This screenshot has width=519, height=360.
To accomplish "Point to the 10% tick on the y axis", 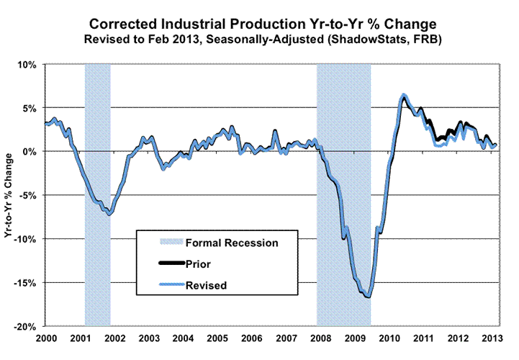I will tap(28, 64).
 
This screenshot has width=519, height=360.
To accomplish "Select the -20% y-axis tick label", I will tap(26, 326).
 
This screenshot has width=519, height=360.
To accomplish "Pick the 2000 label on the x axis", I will tap(46, 338).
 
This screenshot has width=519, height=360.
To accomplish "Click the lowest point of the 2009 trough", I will tap(368, 297).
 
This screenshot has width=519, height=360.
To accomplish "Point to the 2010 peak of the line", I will tap(403, 95).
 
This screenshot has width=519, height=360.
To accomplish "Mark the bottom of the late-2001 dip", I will tap(109, 214).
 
